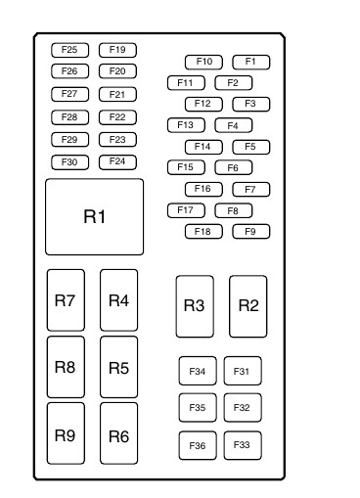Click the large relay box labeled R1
pyautogui.click(x=94, y=216)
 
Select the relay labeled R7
pyautogui.click(x=66, y=300)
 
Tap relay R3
pyautogui.click(x=195, y=306)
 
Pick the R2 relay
pyautogui.click(x=248, y=306)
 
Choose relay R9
pyautogui.click(x=66, y=433)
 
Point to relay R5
pyautogui.click(x=119, y=367)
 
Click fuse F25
pyautogui.click(x=69, y=50)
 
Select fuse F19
pyautogui.click(x=117, y=50)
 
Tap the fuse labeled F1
pyautogui.click(x=251, y=62)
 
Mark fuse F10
pyautogui.click(x=203, y=62)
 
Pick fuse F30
pyautogui.click(x=69, y=162)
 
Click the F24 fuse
pyautogui.click(x=117, y=162)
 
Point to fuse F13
pyautogui.click(x=186, y=125)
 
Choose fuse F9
pyautogui.click(x=251, y=232)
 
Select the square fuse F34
pyautogui.click(x=198, y=371)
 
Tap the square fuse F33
pyautogui.click(x=243, y=445)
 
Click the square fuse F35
pyautogui.click(x=198, y=408)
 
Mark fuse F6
pyautogui.click(x=234, y=167)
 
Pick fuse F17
pyautogui.click(x=186, y=210)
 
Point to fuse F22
pyautogui.click(x=117, y=117)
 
